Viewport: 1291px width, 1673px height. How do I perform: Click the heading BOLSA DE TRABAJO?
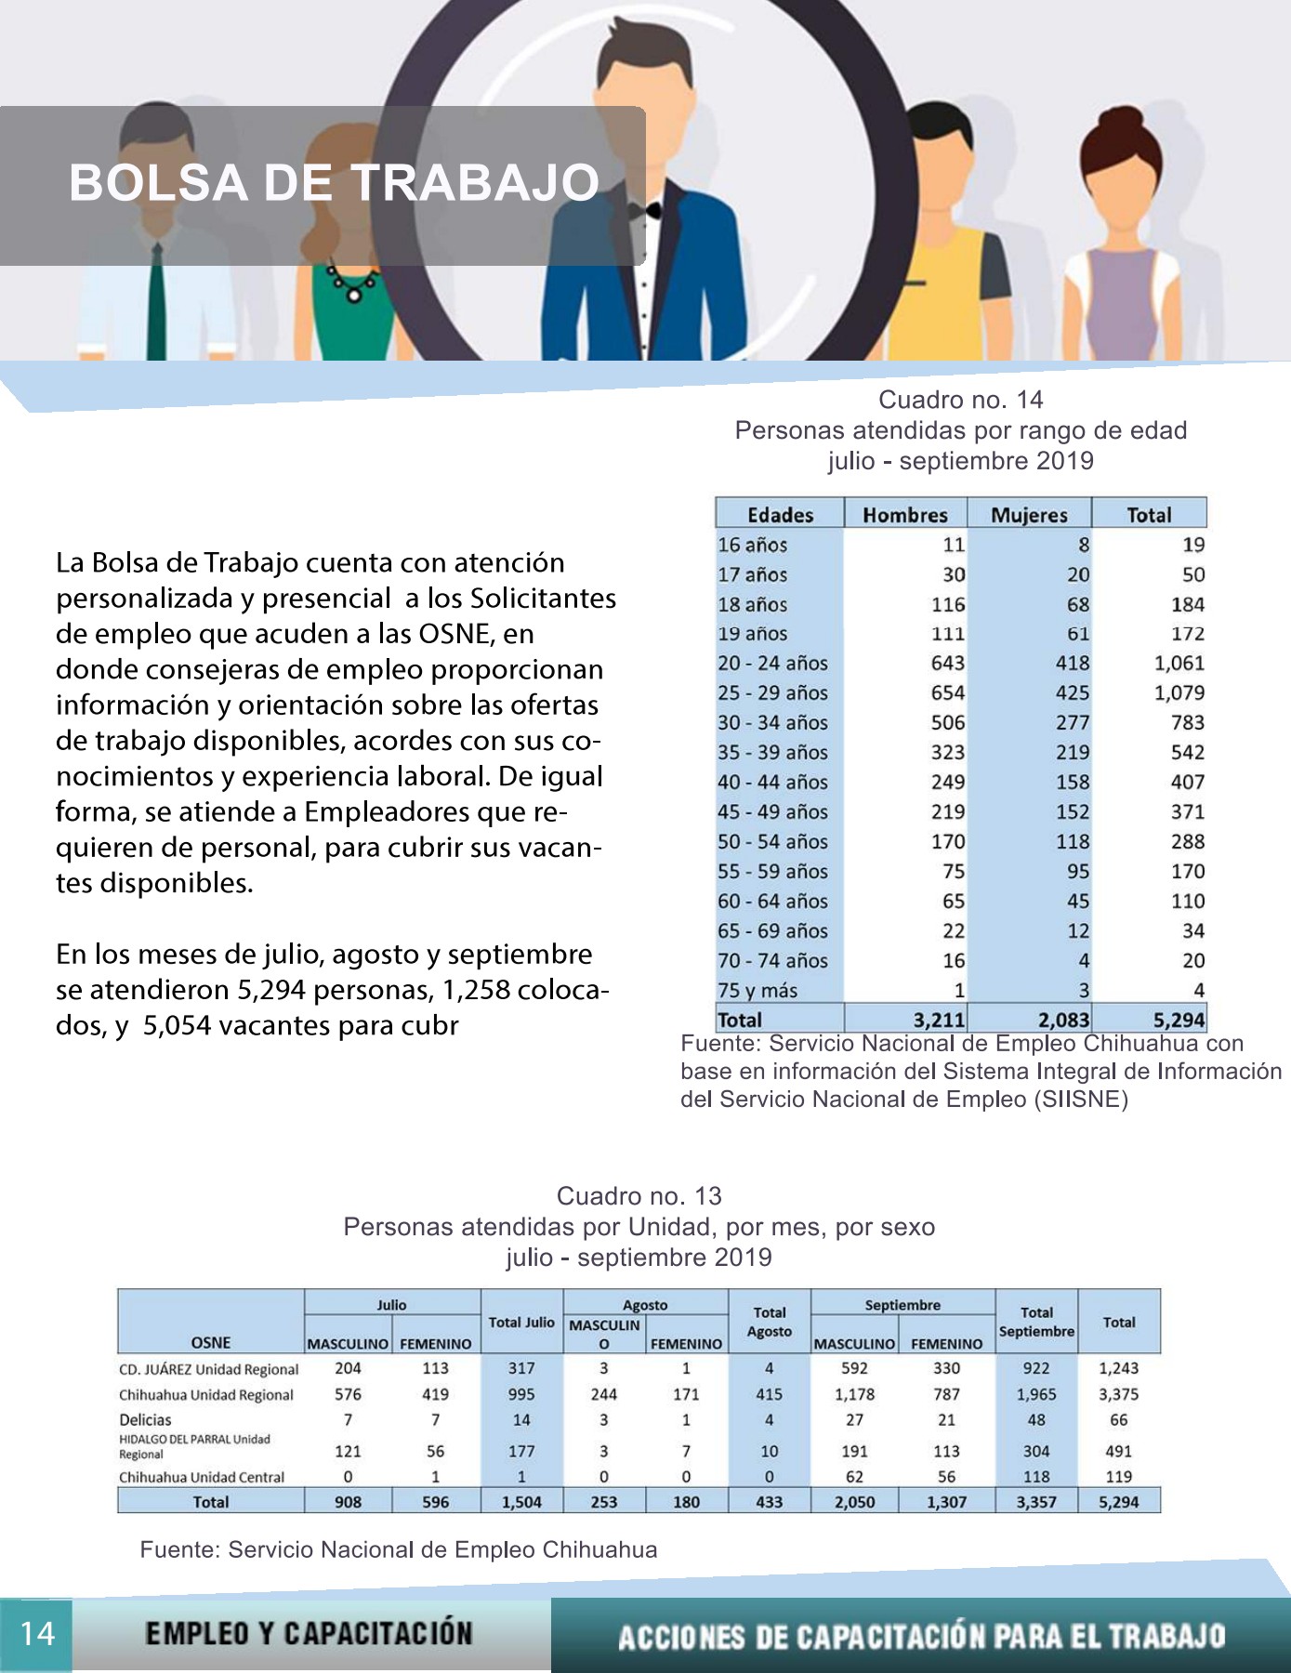335,182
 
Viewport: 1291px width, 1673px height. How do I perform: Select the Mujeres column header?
1029,515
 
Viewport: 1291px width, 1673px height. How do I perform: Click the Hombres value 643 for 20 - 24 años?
948,664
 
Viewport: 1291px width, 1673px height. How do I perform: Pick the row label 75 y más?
757,991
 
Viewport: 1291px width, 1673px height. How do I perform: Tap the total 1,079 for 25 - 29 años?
1179,693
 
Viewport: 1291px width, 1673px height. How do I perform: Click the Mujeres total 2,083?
1063,1020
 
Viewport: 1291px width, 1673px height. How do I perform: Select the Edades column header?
780,515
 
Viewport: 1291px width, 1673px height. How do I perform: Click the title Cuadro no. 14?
961,400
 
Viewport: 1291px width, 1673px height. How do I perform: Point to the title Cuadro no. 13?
639,1196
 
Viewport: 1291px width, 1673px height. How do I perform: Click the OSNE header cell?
211,1342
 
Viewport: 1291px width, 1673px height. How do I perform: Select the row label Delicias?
145,1419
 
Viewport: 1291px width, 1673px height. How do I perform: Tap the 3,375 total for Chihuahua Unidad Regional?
1118,1394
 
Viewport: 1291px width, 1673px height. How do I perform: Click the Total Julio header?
521,1322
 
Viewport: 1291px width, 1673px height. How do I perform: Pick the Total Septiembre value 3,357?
1036,1502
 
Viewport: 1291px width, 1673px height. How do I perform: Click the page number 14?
37,1633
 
